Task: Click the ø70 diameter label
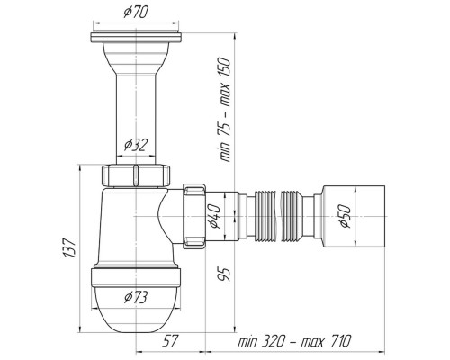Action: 136,13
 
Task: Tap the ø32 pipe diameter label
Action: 136,146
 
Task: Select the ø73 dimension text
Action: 136,297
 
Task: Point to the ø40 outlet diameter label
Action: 215,216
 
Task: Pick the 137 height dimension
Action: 68,247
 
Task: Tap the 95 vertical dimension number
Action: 225,274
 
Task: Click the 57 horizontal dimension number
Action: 170,341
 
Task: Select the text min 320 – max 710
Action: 294,341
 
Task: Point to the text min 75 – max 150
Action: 225,110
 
